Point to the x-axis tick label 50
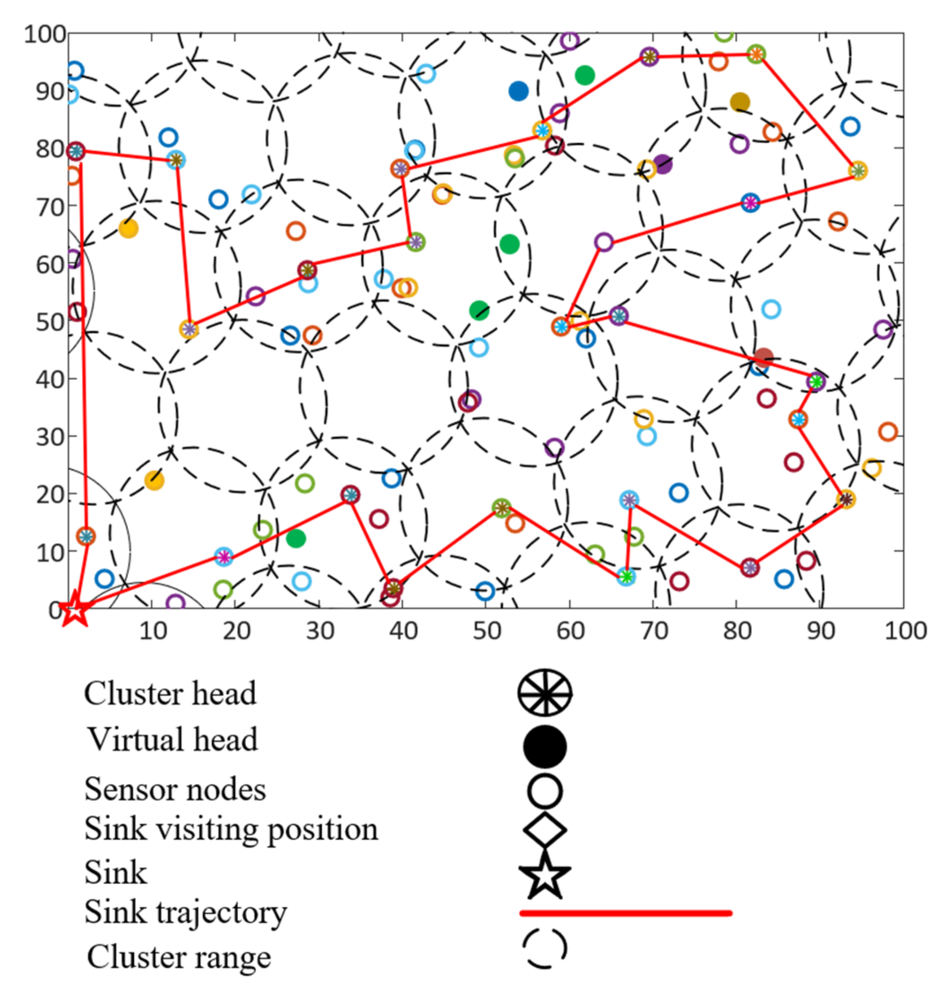[x=486, y=631]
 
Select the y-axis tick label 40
[x=50, y=379]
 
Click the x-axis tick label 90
[x=821, y=631]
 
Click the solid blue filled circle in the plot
[x=518, y=91]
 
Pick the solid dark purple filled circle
[x=663, y=164]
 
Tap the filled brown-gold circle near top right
[x=740, y=102]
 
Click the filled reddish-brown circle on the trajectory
[x=763, y=357]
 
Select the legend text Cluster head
[x=170, y=694]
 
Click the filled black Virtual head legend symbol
[x=544, y=746]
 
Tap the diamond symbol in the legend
[x=544, y=830]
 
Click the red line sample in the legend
[x=625, y=913]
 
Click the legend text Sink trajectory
[x=185, y=913]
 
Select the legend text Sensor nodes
[x=175, y=790]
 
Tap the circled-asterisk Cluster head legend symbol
[x=544, y=693]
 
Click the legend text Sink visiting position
[x=231, y=830]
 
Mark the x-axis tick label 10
[x=152, y=631]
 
